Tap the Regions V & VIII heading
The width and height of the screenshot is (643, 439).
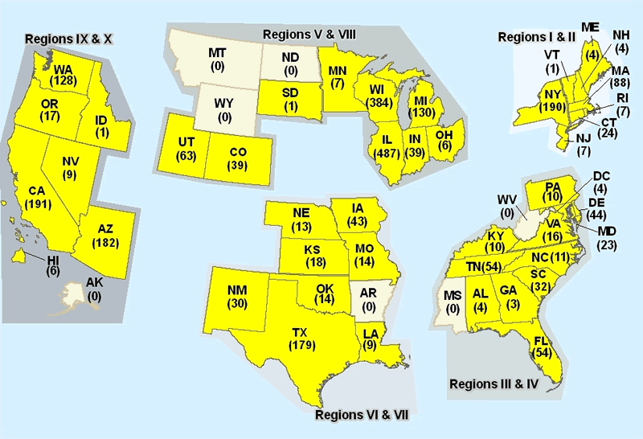(309, 34)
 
